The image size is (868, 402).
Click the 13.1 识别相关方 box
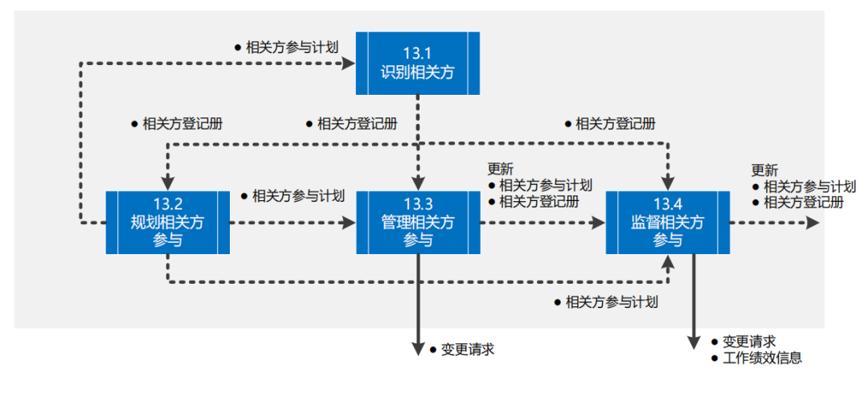pyautogui.click(x=418, y=63)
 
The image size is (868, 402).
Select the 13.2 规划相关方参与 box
pyautogui.click(x=167, y=222)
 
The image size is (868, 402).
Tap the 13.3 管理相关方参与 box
pyautogui.click(x=418, y=222)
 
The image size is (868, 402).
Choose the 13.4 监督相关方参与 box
pyautogui.click(x=667, y=222)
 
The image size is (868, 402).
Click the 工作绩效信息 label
pyautogui.click(x=762, y=358)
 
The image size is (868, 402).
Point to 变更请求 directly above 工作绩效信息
pyautogui.click(x=749, y=342)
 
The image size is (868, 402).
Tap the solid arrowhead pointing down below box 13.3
pyautogui.click(x=418, y=347)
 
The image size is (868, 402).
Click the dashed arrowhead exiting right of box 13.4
pyautogui.click(x=813, y=222)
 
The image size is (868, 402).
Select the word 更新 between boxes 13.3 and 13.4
pyautogui.click(x=500, y=170)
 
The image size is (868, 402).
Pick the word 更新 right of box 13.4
pyautogui.click(x=764, y=170)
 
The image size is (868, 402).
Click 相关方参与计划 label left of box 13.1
pyautogui.click(x=292, y=47)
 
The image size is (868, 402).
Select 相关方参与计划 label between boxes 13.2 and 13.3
pyautogui.click(x=298, y=195)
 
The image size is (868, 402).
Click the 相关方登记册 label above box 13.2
pyautogui.click(x=182, y=124)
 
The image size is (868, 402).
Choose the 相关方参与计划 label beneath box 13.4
pyautogui.click(x=612, y=302)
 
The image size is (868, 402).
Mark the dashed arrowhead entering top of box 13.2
pyautogui.click(x=167, y=182)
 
